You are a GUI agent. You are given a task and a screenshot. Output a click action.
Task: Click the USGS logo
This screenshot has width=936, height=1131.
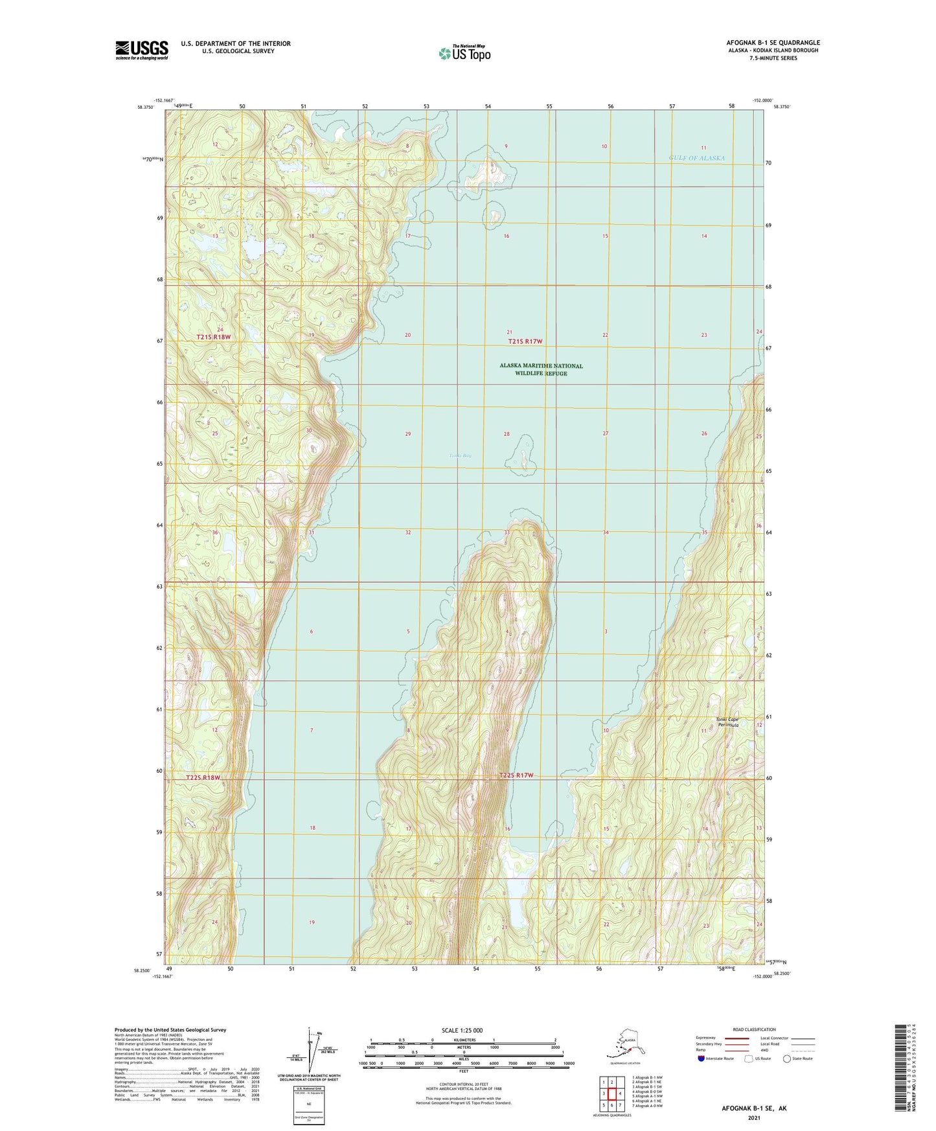click(141, 49)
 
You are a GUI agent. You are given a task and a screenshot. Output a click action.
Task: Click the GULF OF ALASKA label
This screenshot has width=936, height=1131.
click(696, 158)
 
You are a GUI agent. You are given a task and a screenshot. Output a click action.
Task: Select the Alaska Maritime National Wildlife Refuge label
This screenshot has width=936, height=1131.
click(541, 369)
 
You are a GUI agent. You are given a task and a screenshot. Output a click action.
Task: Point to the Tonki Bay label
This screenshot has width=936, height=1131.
click(460, 455)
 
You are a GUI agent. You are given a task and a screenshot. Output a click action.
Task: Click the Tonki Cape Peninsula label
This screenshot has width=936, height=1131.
click(727, 722)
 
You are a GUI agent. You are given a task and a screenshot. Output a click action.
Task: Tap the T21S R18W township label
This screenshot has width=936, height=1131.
click(213, 337)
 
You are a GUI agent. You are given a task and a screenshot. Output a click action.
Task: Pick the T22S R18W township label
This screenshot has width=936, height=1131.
click(203, 777)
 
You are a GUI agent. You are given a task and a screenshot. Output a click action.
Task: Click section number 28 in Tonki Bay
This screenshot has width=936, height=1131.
click(507, 434)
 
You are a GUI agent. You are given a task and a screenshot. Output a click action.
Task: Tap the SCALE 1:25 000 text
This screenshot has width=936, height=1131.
click(463, 1030)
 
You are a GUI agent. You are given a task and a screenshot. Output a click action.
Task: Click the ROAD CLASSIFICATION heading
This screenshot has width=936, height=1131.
click(754, 1029)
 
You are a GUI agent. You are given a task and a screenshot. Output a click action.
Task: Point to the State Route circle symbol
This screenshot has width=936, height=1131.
click(787, 1059)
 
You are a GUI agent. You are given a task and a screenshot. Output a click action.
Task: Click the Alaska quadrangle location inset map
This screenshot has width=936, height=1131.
click(624, 1044)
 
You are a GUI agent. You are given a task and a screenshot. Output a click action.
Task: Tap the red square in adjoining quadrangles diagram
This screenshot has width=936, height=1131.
click(611, 1093)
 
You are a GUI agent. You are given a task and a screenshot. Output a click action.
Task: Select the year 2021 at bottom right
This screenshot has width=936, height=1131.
click(753, 1117)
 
